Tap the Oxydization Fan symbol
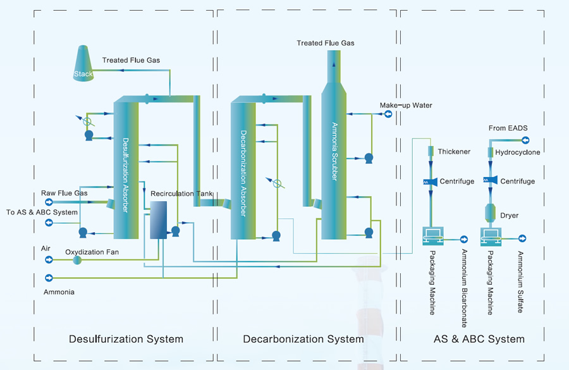pyautogui.click(x=77, y=260)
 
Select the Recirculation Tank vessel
pyautogui.click(x=157, y=220)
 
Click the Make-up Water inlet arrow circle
pyautogui.click(x=388, y=114)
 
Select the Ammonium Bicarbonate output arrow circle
pyautogui.click(x=464, y=239)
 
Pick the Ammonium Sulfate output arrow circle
pyautogui.click(x=522, y=238)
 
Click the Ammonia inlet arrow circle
pyautogui.click(x=49, y=277)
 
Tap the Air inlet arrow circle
pyautogui.click(x=49, y=259)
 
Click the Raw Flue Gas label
pyautogui.click(x=64, y=192)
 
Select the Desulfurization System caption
pyautogui.click(x=126, y=339)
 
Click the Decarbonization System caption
pyautogui.click(x=303, y=339)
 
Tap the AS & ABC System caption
pyautogui.click(x=479, y=339)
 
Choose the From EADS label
pyautogui.click(x=508, y=128)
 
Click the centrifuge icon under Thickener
pyautogui.click(x=431, y=182)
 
